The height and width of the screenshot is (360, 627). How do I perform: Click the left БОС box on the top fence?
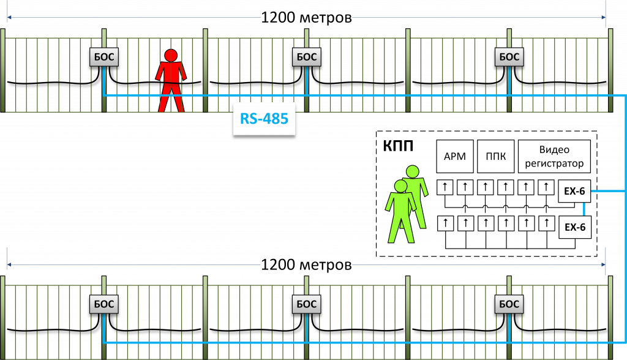102,57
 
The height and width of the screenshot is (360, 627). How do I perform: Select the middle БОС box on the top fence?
306,57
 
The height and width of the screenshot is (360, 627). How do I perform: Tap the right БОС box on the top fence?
509,57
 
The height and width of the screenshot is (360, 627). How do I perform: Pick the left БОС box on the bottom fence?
102,304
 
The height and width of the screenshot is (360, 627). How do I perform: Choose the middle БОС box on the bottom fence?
306,304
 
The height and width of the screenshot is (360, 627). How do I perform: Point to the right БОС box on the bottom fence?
509,304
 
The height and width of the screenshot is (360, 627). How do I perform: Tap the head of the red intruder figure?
170,54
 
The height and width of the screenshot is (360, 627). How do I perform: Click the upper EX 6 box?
574,191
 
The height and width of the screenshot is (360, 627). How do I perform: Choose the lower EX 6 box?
574,227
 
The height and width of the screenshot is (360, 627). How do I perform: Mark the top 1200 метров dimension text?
306,17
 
